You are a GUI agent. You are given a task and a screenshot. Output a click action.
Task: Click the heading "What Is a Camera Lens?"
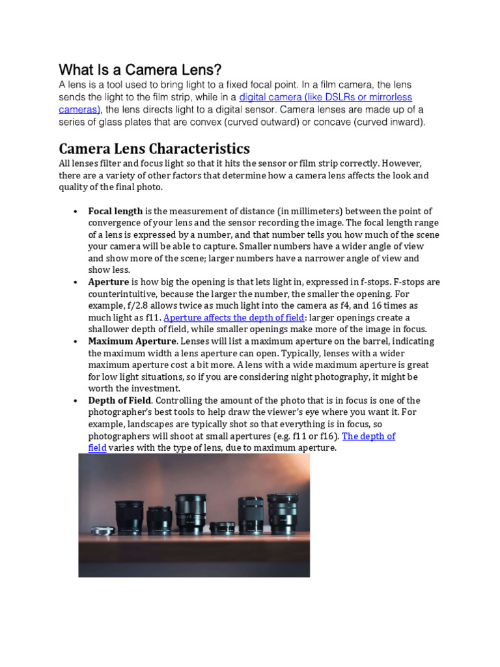coord(140,69)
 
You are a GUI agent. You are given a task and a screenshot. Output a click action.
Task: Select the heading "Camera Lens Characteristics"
coord(154,149)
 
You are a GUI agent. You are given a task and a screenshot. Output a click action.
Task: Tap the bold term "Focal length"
coord(115,211)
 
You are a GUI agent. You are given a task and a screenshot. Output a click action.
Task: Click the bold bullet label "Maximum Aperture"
coord(132,341)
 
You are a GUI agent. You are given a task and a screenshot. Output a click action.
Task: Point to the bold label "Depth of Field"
coord(120,401)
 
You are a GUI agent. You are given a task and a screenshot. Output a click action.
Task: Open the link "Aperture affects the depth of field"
coord(234,318)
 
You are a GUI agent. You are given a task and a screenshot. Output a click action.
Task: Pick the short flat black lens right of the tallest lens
coord(221,527)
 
